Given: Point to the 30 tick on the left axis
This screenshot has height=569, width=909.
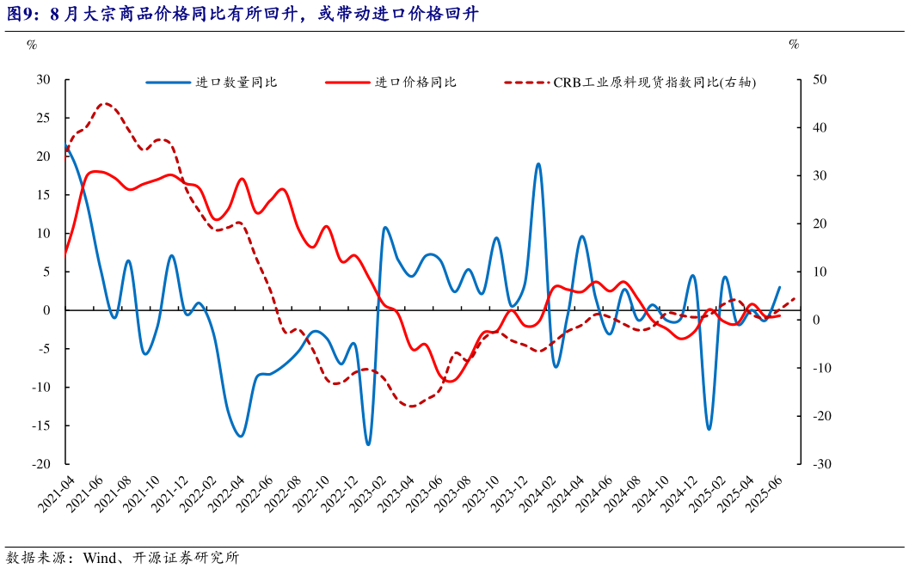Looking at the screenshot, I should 44,80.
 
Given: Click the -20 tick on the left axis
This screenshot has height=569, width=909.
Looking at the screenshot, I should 41,464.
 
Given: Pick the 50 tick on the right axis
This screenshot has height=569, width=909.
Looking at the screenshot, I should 820,80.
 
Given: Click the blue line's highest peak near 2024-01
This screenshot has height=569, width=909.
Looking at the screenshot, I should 538,163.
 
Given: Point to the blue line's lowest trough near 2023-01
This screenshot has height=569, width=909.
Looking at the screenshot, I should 368,444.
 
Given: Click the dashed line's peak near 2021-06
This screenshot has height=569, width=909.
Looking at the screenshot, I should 105,103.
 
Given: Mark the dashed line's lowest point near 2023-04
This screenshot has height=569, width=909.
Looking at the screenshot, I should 411,406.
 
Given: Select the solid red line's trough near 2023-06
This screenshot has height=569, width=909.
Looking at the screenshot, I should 451,381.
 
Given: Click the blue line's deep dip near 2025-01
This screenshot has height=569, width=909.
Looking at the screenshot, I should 709,429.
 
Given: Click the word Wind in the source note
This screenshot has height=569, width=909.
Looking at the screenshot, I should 100,558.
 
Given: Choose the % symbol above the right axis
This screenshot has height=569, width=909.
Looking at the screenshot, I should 794,44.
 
